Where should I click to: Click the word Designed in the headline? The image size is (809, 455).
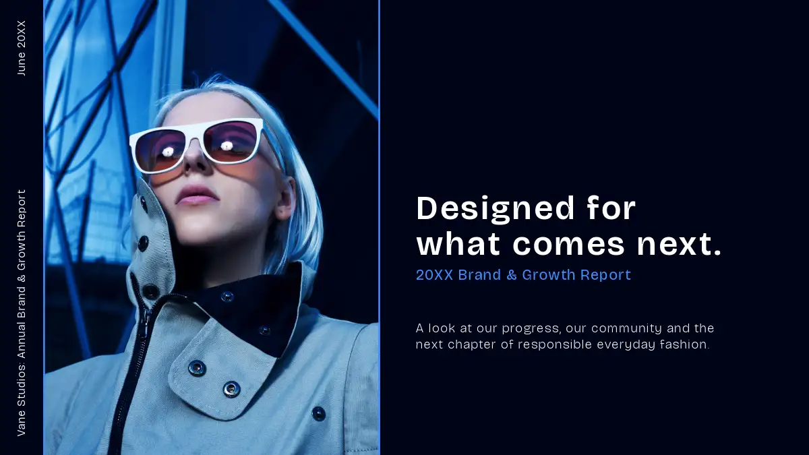click(x=495, y=209)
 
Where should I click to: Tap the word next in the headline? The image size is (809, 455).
click(x=679, y=245)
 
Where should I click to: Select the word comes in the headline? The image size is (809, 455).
click(x=569, y=245)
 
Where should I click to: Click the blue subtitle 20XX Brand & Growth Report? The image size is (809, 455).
click(x=523, y=275)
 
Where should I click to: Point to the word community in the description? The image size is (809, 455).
click(x=626, y=329)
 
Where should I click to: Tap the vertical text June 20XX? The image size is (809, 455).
click(x=22, y=48)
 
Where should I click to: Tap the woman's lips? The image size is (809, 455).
click(x=197, y=195)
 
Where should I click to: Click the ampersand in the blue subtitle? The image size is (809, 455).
click(x=512, y=275)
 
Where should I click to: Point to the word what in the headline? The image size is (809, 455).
click(x=458, y=245)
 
